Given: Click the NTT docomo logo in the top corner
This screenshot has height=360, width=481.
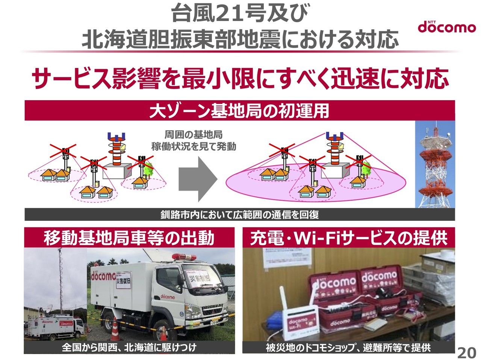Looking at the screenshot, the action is [446, 27].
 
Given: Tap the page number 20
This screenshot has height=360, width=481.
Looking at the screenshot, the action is [466, 353].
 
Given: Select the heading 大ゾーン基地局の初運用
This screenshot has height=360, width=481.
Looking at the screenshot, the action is [239, 111].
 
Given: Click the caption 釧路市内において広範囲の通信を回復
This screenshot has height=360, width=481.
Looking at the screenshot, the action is [239, 215].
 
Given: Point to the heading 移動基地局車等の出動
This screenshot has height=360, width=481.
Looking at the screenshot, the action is [129, 238].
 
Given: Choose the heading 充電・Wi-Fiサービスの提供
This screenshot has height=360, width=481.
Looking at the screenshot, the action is [348, 238].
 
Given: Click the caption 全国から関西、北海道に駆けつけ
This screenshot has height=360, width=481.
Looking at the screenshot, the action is [129, 347].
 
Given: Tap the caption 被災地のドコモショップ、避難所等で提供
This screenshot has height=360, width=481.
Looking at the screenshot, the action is [348, 348].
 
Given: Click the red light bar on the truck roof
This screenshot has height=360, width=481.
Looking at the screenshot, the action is [185, 256].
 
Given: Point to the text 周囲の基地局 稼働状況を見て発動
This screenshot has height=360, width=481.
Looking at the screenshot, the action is [194, 140].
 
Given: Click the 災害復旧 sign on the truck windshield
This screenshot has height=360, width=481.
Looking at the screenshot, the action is [199, 278].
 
